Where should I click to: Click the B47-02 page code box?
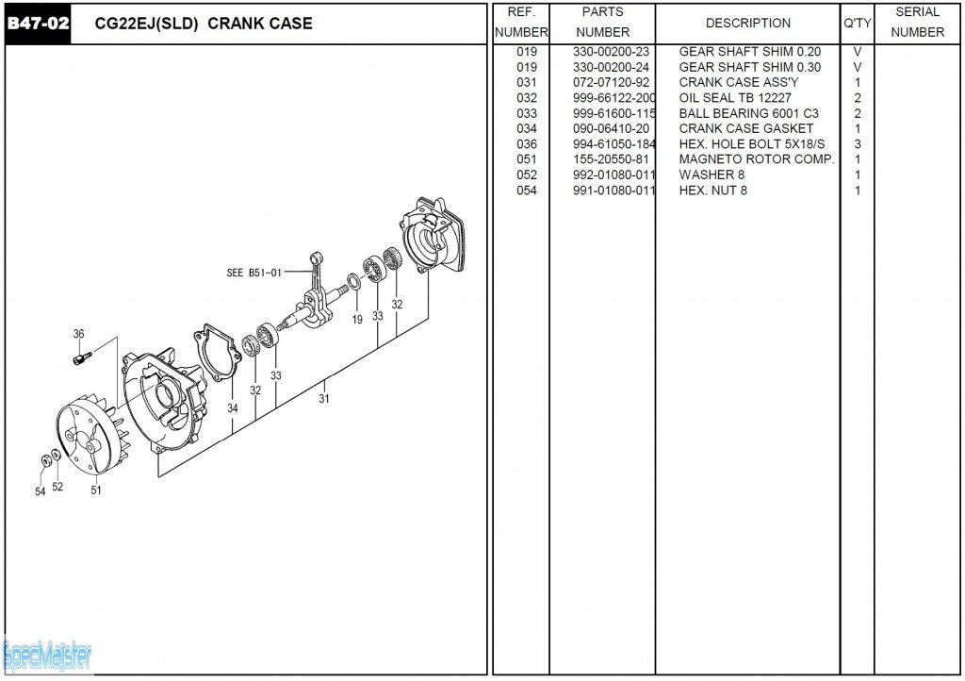pyautogui.click(x=38, y=24)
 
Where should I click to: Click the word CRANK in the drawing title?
pyautogui.click(x=233, y=24)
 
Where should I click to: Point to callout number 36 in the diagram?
pyautogui.click(x=79, y=334)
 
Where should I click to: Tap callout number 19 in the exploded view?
pyautogui.click(x=358, y=320)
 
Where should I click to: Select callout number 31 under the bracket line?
pyautogui.click(x=325, y=398)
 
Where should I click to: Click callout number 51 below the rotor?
pyautogui.click(x=96, y=490)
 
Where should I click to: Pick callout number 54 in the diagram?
pyautogui.click(x=41, y=491)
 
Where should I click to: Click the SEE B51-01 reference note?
pyautogui.click(x=254, y=274)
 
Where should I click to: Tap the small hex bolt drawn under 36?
pyautogui.click(x=83, y=357)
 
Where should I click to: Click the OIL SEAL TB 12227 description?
pyautogui.click(x=722, y=98)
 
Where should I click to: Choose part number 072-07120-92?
pyautogui.click(x=611, y=83)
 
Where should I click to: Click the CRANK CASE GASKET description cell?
pyautogui.click(x=745, y=129)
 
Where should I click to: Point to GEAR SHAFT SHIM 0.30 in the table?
pyautogui.click(x=749, y=67)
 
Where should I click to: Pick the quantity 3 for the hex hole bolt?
pyautogui.click(x=858, y=144)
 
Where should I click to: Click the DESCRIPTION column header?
pyautogui.click(x=748, y=24)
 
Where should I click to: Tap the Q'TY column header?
pyautogui.click(x=857, y=24)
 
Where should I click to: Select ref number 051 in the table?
pyautogui.click(x=527, y=159)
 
